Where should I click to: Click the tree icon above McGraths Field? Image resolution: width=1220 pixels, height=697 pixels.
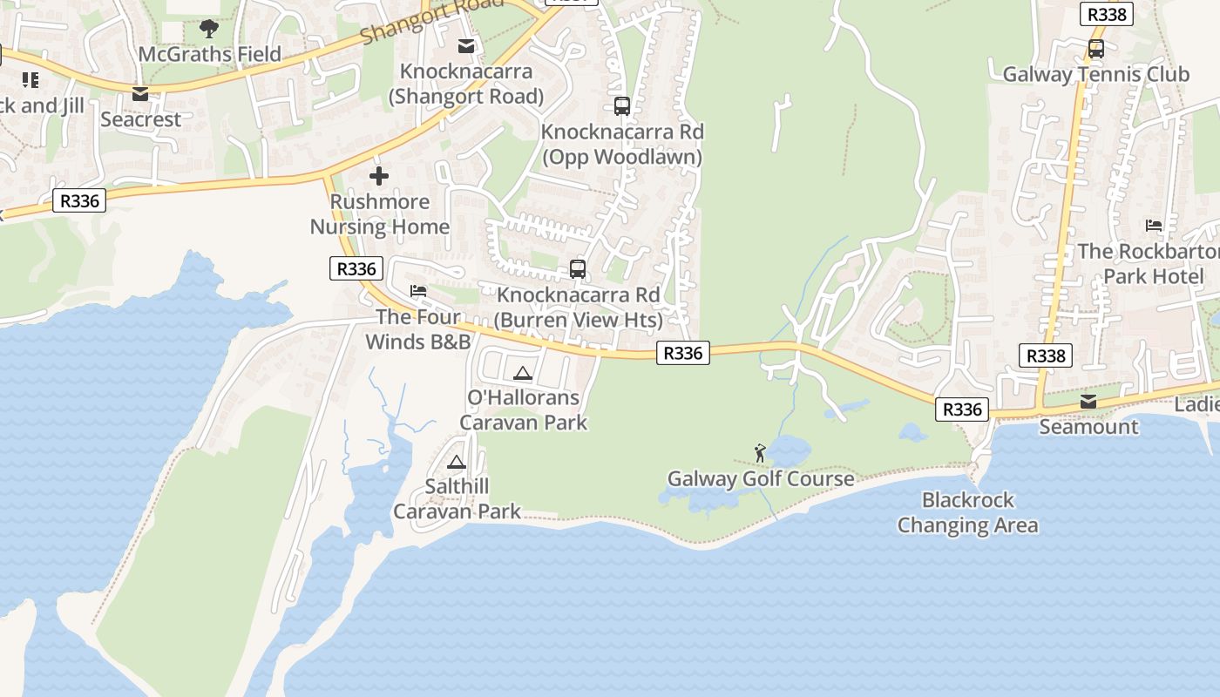(209, 29)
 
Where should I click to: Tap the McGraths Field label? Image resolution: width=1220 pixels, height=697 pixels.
(210, 54)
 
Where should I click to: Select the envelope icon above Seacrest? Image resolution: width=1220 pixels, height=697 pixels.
(140, 94)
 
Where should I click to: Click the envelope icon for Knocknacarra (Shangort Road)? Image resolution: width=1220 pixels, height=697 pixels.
(467, 46)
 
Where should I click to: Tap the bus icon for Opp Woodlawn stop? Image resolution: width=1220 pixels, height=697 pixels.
(622, 106)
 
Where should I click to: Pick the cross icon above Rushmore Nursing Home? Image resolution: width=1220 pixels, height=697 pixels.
(379, 177)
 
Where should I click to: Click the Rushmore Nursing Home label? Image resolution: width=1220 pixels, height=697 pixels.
(380, 214)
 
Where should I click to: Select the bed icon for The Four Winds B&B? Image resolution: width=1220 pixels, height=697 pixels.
(418, 291)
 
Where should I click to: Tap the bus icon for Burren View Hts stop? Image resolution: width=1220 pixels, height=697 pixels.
(578, 269)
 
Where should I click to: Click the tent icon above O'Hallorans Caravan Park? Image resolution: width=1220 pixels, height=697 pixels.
(523, 374)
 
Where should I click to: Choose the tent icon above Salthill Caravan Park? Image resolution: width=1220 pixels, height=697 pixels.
(457, 463)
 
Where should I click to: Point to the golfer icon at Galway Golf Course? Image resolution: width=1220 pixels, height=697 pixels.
(760, 453)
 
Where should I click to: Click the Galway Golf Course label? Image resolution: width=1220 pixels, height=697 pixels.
(761, 478)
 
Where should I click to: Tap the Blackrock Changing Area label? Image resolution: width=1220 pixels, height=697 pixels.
(967, 512)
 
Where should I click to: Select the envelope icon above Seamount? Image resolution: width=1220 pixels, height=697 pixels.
(1088, 402)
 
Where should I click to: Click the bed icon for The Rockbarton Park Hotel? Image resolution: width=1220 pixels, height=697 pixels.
(1154, 226)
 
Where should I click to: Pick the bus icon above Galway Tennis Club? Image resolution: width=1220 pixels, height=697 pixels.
(1096, 49)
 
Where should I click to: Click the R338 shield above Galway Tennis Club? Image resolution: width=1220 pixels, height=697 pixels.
(1107, 14)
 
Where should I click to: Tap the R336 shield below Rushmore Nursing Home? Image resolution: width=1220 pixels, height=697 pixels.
(356, 268)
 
